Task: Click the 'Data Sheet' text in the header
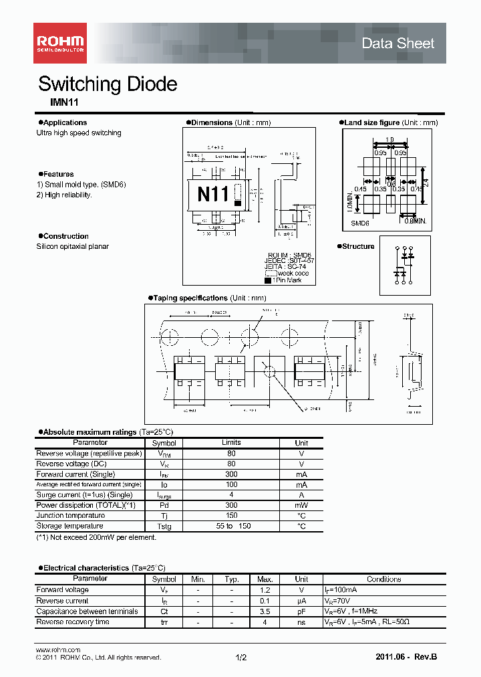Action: click(x=397, y=43)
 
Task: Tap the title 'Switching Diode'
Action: click(x=108, y=84)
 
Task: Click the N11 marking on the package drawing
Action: click(x=213, y=195)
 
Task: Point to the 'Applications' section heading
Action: click(x=65, y=122)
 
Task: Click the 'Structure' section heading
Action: click(x=358, y=246)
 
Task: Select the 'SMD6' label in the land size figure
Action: click(x=360, y=223)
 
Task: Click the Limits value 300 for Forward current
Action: click(x=231, y=474)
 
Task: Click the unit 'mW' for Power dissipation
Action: click(x=301, y=505)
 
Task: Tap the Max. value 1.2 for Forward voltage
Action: click(x=265, y=590)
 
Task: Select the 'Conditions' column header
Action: click(x=384, y=579)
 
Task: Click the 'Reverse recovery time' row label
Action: click(x=73, y=622)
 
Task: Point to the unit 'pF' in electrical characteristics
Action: click(x=301, y=611)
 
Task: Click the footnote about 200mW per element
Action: click(x=96, y=537)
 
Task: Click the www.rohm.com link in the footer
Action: click(x=57, y=650)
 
